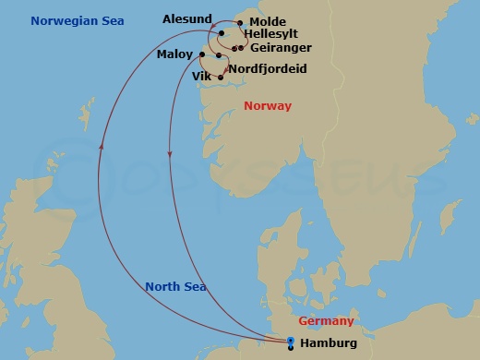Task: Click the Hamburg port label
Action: point(329,343)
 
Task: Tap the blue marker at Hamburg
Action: point(291,342)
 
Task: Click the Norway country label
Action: point(267,106)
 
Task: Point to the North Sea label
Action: point(175,286)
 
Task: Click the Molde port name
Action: point(268,22)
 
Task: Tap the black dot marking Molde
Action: point(241,23)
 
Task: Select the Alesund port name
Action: point(186,18)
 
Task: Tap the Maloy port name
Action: point(174,54)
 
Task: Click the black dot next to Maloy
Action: point(201,54)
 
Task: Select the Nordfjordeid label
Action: point(267,69)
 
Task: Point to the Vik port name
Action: point(201,77)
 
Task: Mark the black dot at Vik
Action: point(221,78)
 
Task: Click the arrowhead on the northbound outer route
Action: point(101,145)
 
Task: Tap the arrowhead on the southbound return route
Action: point(169,154)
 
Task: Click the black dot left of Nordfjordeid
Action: point(219,56)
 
